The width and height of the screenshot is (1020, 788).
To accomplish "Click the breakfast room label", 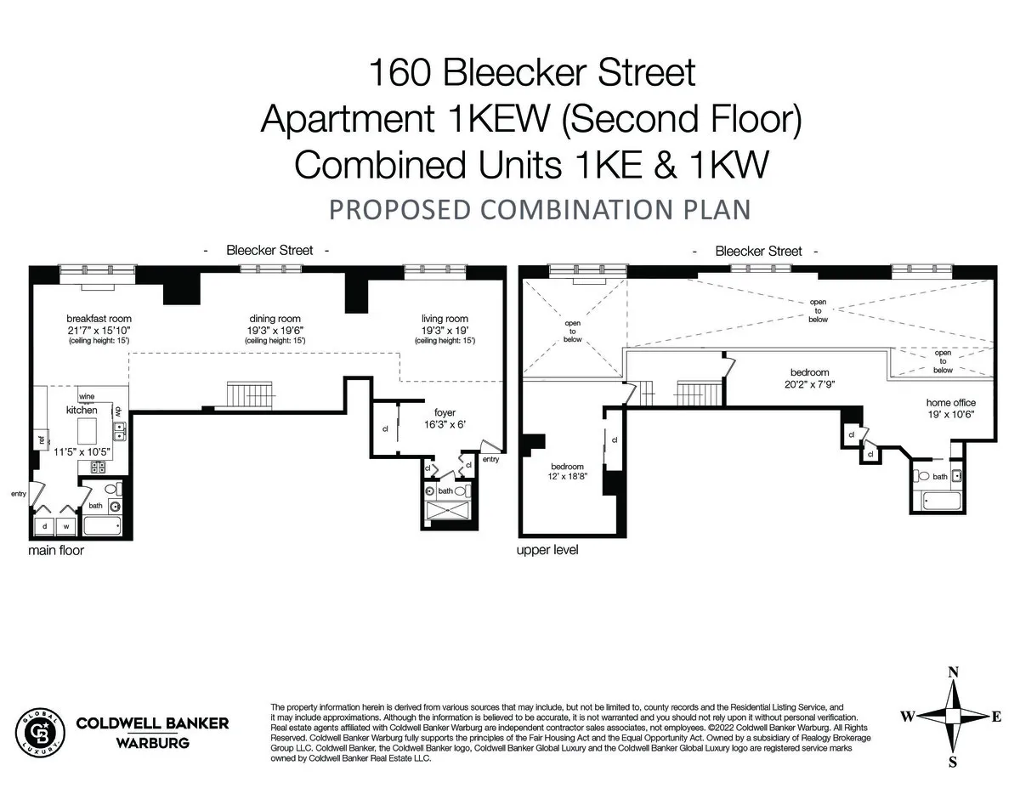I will point(99,319).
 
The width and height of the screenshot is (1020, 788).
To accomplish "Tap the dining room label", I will point(275,319).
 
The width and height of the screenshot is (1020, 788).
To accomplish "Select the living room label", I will point(445,319).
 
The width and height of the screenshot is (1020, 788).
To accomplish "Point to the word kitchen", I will point(82,410).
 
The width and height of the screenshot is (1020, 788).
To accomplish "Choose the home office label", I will point(951,402).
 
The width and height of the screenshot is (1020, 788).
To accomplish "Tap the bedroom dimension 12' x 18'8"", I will point(567,478).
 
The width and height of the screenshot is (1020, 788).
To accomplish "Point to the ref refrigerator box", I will point(40,439).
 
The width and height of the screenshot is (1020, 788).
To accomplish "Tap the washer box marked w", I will point(65,526).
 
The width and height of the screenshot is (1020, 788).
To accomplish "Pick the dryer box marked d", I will point(44,526).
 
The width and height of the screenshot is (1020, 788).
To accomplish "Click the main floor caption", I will point(56,551).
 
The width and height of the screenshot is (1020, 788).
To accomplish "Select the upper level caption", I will point(547,551).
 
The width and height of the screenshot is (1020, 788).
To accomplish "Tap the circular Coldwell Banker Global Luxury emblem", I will point(41,731).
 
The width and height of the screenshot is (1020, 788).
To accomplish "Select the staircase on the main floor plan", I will point(249,395).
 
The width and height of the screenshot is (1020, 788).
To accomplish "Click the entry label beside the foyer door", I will point(490,460).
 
